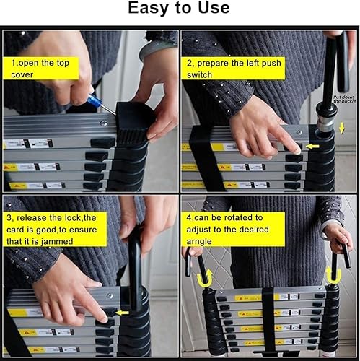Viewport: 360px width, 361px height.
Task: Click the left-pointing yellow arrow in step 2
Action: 312,147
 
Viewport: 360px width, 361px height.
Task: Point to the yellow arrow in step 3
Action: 123,313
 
